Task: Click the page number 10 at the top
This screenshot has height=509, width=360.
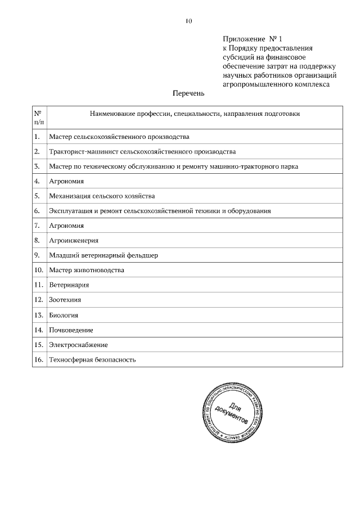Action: coord(188,21)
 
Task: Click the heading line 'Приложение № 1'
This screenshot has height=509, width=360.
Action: coord(251,39)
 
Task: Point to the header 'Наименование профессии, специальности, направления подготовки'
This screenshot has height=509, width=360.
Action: coord(195,114)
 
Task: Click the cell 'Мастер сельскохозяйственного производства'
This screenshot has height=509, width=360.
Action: coord(119,137)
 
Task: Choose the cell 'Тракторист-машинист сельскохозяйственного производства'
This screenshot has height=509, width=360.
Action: coord(142,152)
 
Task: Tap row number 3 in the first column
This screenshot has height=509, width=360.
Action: coord(37,166)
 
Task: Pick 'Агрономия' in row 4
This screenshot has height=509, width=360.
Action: coord(66,181)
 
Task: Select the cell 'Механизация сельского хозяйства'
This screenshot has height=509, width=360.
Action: coord(102,196)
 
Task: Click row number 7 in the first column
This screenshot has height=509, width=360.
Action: coord(37,226)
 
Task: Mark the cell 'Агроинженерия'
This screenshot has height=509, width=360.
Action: coord(74,240)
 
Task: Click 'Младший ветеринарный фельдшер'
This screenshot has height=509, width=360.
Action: coord(103,255)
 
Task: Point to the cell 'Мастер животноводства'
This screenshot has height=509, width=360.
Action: coord(87,270)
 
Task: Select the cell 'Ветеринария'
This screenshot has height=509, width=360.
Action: coord(69,285)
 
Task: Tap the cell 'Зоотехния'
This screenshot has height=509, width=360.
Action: coord(65,300)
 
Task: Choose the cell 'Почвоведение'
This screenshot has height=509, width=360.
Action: coord(71,330)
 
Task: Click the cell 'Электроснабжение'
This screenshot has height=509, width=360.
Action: coord(78,344)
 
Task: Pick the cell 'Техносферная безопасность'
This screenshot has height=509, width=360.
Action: coord(92,359)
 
